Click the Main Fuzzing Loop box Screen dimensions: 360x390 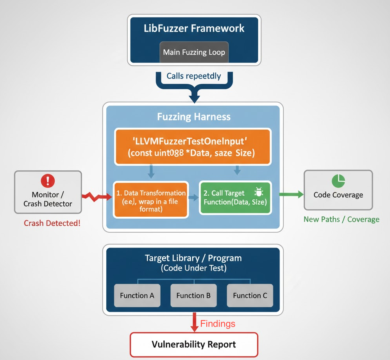[x=194, y=52]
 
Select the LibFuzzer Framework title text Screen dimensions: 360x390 [x=194, y=29]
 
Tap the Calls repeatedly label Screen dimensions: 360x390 [x=194, y=76]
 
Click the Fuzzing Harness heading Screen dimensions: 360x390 [x=194, y=117]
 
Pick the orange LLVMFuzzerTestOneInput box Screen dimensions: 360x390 [x=192, y=147]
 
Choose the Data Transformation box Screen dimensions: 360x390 [x=151, y=199]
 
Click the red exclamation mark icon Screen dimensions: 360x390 [x=48, y=180]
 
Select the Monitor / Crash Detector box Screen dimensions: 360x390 [x=48, y=192]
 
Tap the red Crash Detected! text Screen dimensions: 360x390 [x=52, y=223]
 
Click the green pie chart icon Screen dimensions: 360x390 [x=338, y=181]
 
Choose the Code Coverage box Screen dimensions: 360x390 [x=338, y=190]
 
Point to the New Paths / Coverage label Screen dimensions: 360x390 [x=342, y=219]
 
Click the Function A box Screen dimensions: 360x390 [x=137, y=295]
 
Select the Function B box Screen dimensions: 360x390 [x=193, y=295]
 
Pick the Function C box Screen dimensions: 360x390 [x=250, y=295]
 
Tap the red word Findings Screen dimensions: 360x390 [x=218, y=324]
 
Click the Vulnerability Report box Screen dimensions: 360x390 [x=194, y=344]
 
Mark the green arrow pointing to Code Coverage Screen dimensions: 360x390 [x=292, y=194]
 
